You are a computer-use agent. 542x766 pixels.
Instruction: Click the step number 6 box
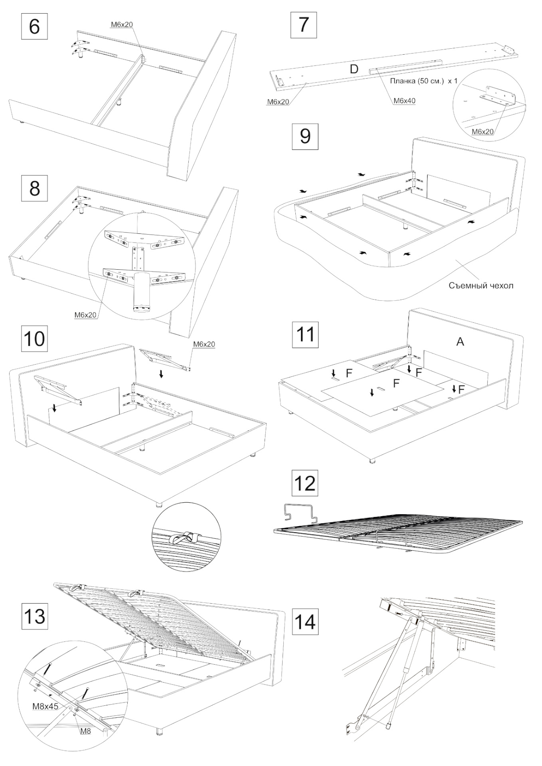35,26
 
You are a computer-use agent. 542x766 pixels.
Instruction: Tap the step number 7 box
304,25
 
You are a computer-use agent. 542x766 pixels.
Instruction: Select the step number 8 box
35,188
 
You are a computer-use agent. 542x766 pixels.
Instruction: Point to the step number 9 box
305,136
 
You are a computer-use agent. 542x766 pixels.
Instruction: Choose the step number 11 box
305,334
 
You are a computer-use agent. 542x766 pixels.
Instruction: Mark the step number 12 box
305,483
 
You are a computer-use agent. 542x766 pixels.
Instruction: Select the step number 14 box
305,622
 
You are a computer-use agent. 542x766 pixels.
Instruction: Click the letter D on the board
354,69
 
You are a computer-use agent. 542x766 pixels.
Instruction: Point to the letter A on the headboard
460,342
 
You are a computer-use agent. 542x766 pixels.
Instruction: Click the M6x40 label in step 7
404,101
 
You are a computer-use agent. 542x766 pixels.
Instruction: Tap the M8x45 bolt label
45,706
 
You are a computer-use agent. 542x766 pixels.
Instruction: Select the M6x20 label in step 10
204,344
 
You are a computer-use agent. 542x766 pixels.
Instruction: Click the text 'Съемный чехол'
481,285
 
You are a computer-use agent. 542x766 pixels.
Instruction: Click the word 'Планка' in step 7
402,81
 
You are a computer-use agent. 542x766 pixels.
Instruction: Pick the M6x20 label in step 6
121,24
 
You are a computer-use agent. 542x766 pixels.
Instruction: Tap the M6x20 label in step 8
85,315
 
